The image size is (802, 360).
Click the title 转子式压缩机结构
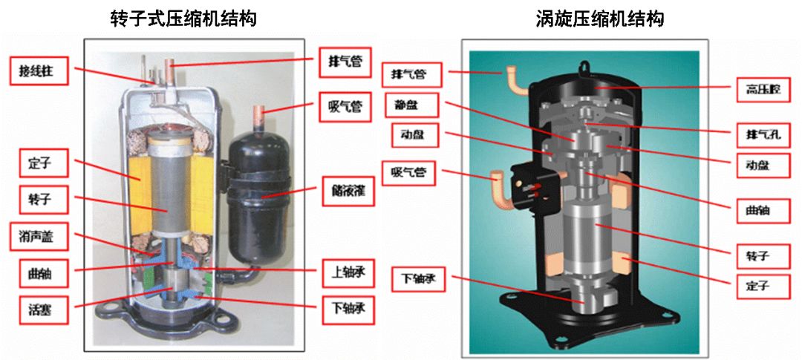tap(183, 19)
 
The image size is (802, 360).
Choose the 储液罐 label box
tap(346, 192)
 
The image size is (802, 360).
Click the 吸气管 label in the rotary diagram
tap(346, 106)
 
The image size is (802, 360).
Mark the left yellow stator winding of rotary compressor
tap(139, 182)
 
